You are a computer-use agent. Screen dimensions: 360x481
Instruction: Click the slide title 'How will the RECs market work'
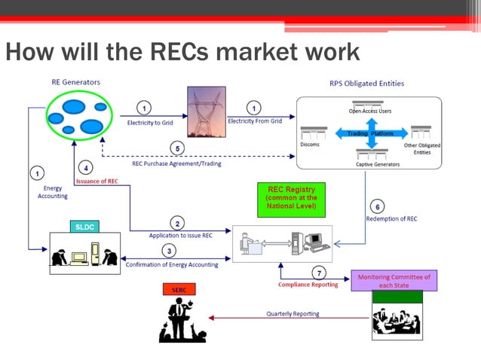point(182,53)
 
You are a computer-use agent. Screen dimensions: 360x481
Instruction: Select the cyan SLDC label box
point(82,226)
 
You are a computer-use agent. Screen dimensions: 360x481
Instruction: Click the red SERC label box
point(179,289)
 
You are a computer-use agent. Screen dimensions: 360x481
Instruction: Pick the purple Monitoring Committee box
point(394,281)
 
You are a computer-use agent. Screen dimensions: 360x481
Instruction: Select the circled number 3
point(170,251)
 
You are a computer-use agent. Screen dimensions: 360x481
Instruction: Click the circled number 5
point(176,147)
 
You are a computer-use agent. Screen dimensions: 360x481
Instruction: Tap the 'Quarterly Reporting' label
point(292,313)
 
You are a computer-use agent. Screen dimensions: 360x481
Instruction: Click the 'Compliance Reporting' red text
point(308,285)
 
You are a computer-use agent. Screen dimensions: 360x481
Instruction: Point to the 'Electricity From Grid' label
point(256,121)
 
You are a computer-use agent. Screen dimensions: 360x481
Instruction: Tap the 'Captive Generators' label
point(377,163)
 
